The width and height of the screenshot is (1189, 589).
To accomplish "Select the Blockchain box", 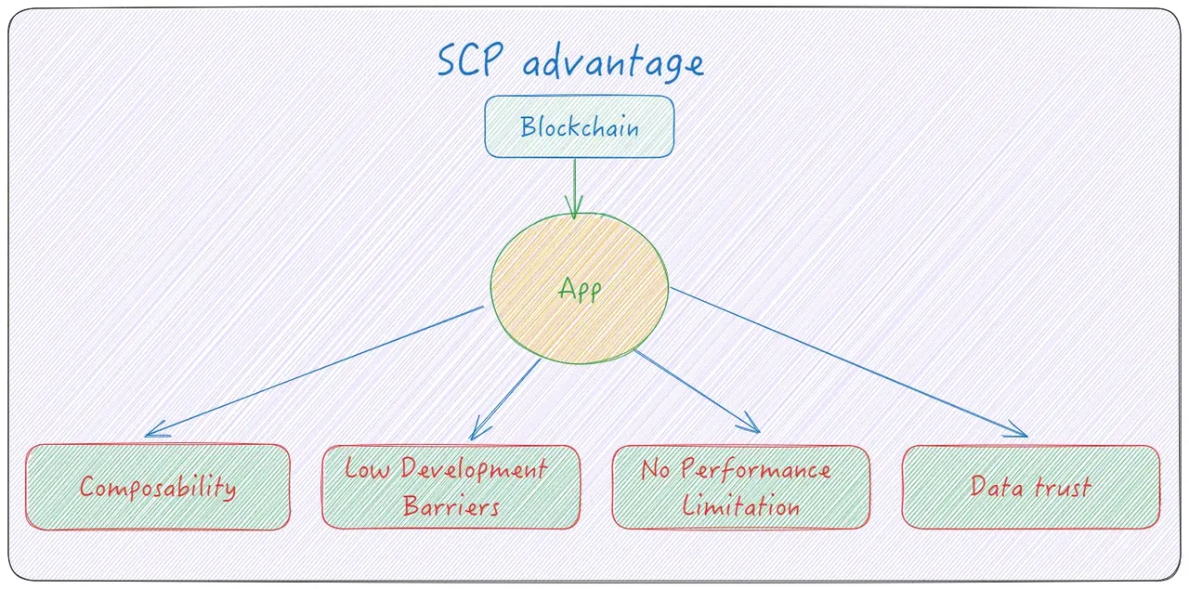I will (579, 126).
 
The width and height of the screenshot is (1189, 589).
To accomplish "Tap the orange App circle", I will (579, 289).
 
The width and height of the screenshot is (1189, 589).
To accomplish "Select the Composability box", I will (157, 487).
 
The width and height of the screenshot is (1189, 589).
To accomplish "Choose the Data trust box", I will (1030, 487).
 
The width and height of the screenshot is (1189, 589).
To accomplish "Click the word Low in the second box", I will (367, 468).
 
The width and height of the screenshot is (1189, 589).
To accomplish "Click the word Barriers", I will (451, 506).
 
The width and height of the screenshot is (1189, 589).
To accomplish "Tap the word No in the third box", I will (656, 468).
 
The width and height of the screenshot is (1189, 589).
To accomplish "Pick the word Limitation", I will (740, 506).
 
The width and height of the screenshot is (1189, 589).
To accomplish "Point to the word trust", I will (1061, 487).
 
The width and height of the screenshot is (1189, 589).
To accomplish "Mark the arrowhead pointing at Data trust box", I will (1020, 432).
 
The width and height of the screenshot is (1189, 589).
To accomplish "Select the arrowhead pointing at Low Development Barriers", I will (476, 433).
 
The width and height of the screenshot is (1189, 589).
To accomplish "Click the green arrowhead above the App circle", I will (574, 211).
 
